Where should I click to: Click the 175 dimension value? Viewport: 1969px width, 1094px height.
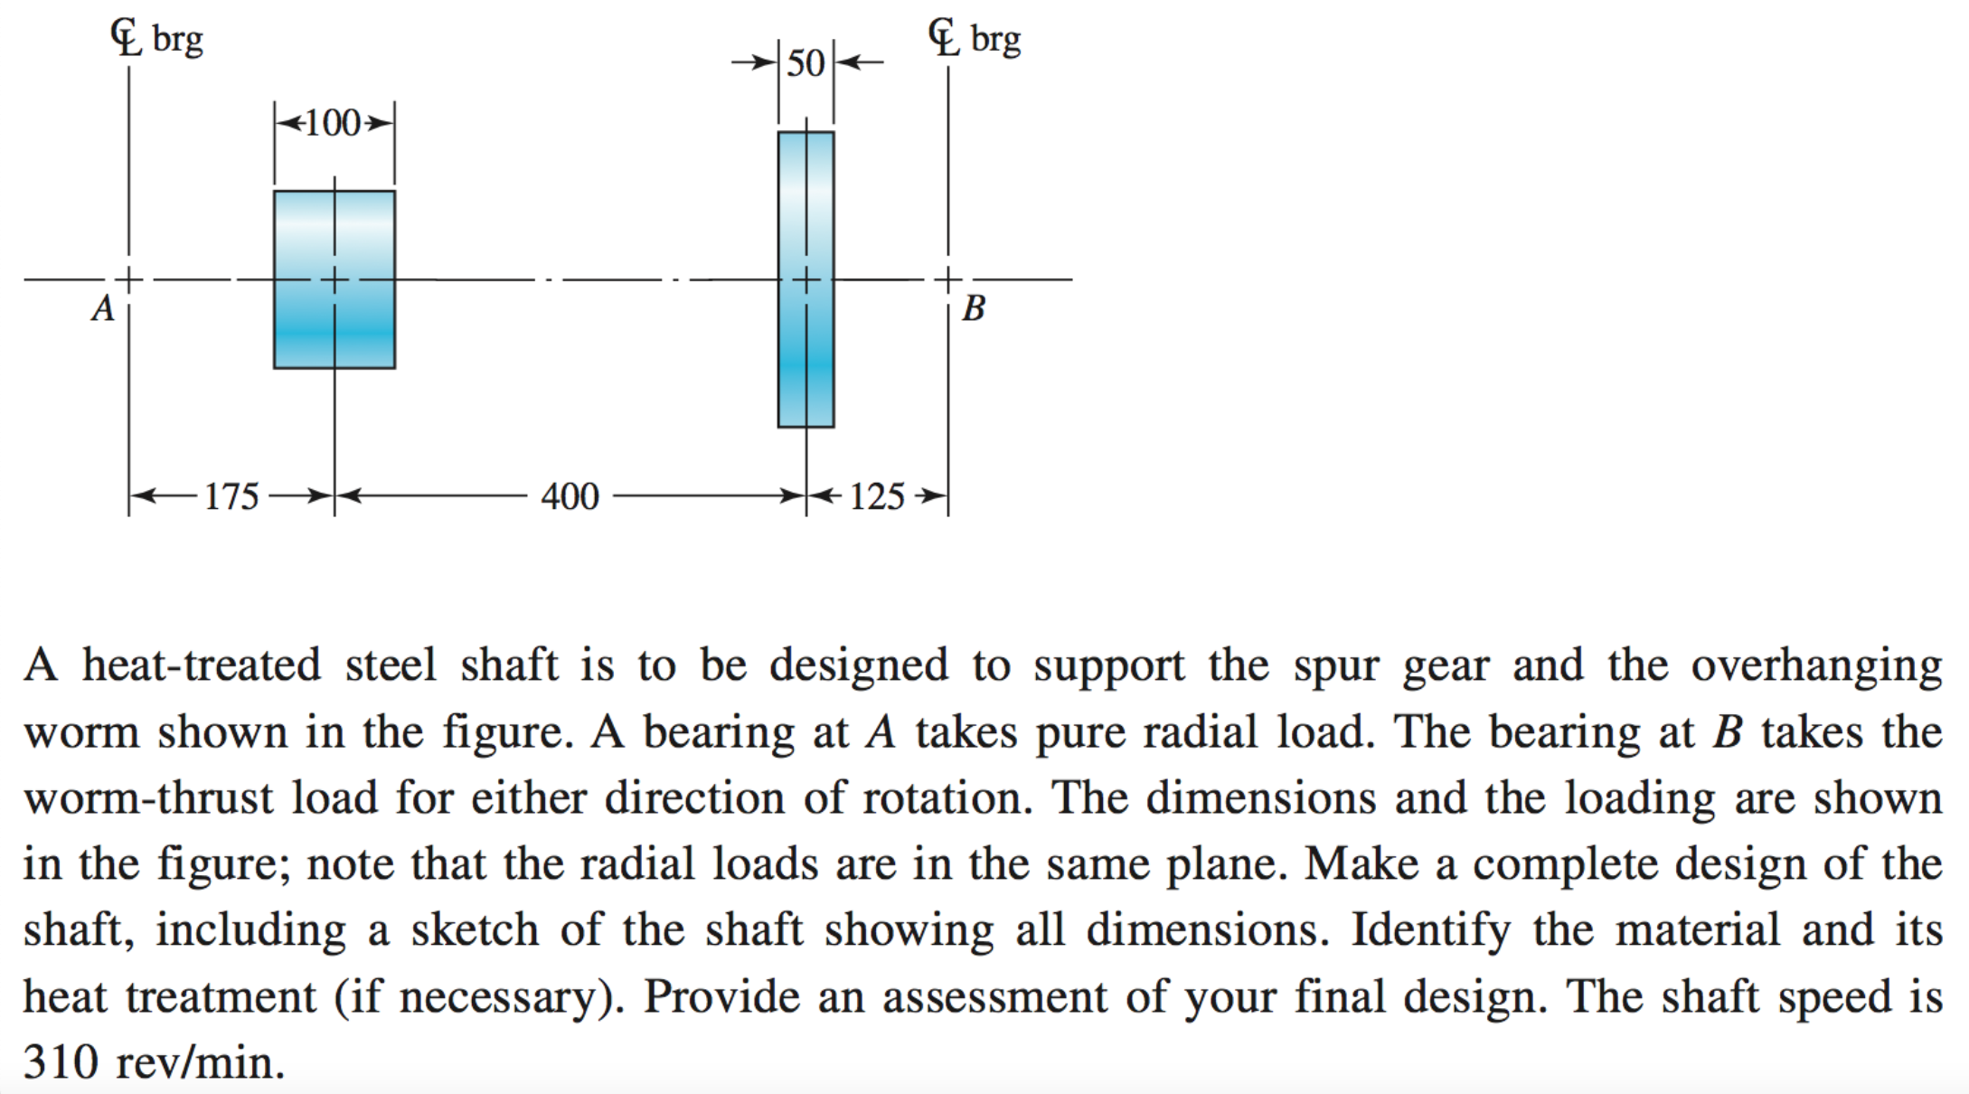coord(231,496)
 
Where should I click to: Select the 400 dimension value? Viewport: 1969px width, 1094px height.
coord(570,496)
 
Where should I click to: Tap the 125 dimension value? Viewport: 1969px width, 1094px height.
coord(877,496)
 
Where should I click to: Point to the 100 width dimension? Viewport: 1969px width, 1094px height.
coord(334,123)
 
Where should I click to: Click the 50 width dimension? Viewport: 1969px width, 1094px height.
coord(805,63)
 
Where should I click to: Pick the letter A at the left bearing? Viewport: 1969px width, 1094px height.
coord(104,309)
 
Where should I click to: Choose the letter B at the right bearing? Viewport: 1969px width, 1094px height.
coord(974,309)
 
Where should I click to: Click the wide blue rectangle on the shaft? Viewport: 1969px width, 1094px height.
coord(334,279)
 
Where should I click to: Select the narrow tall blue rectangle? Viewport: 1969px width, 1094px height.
coord(805,279)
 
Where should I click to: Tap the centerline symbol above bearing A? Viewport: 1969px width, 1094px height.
coord(127,38)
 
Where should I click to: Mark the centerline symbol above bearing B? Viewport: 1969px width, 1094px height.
coord(945,38)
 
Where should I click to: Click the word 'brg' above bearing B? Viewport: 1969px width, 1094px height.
coord(996,41)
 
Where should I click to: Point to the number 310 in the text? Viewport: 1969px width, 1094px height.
coord(61,1061)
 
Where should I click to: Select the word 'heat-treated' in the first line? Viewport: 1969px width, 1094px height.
coord(202,665)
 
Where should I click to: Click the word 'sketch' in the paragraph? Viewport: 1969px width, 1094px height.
coord(475,930)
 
